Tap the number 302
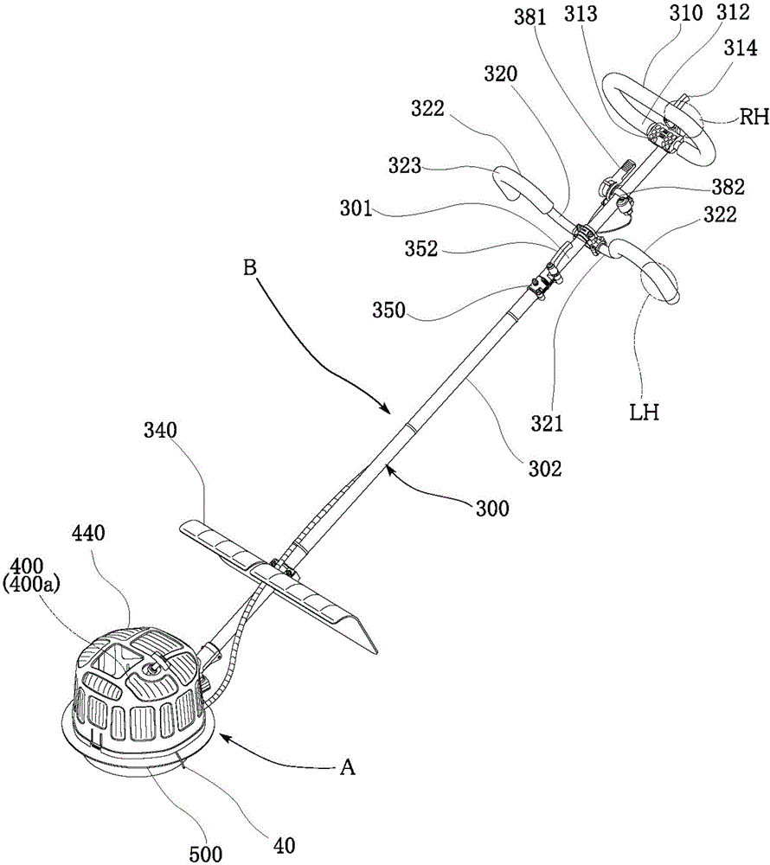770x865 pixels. (x=547, y=469)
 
